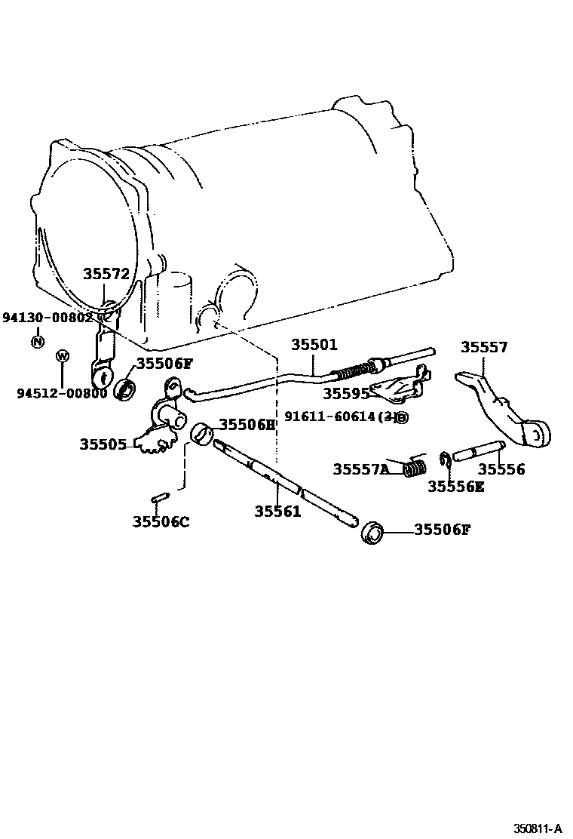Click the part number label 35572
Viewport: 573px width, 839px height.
(x=106, y=275)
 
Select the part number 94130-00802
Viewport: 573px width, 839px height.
(x=47, y=318)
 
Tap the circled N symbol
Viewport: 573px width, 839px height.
(x=37, y=342)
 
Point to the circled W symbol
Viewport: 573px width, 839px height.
(x=63, y=355)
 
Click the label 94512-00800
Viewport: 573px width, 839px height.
(x=62, y=392)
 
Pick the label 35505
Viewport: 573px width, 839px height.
(x=103, y=444)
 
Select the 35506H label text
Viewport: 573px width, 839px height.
(x=247, y=425)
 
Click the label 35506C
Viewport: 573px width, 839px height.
(x=161, y=521)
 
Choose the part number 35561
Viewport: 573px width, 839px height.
(x=277, y=512)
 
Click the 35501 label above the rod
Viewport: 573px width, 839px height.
(x=314, y=345)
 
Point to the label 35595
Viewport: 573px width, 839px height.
(x=346, y=393)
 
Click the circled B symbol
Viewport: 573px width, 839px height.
(x=402, y=417)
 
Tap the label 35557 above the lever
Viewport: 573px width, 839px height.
(x=484, y=347)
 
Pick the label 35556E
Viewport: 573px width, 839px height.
(x=456, y=487)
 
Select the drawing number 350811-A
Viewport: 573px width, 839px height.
(x=538, y=828)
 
